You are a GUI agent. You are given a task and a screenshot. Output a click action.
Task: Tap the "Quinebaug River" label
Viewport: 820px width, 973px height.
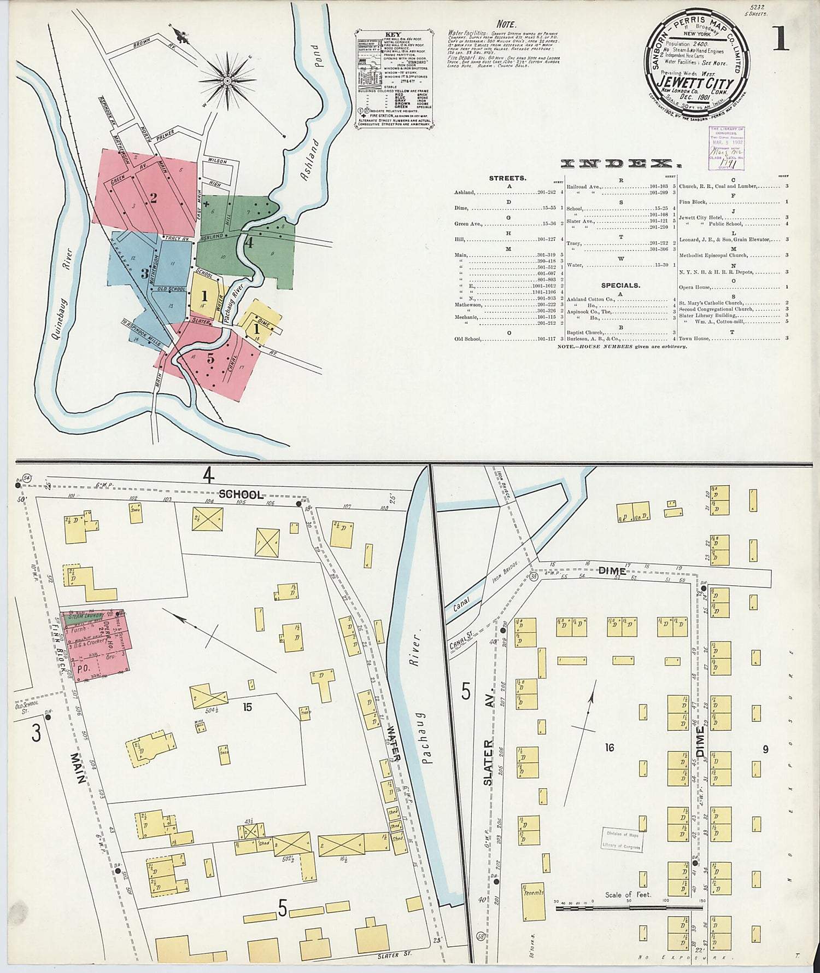pyautogui.click(x=60, y=295)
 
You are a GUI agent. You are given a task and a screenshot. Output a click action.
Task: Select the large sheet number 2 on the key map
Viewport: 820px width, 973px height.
pyautogui.click(x=154, y=198)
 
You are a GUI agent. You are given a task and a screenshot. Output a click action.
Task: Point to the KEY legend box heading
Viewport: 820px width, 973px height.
pyautogui.click(x=393, y=34)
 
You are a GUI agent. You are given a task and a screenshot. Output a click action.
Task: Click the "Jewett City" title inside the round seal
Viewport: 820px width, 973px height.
pyautogui.click(x=696, y=84)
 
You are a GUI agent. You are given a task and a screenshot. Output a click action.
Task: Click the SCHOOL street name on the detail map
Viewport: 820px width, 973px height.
pyautogui.click(x=241, y=495)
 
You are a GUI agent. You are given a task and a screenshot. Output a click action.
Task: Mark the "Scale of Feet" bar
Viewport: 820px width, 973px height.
pyautogui.click(x=629, y=908)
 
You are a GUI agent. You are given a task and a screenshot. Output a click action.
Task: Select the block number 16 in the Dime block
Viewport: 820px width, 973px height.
pyautogui.click(x=609, y=747)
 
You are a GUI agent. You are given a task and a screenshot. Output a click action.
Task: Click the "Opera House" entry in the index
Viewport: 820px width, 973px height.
pyautogui.click(x=695, y=287)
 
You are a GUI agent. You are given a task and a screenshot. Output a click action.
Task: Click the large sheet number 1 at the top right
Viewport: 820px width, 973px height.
pyautogui.click(x=780, y=38)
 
